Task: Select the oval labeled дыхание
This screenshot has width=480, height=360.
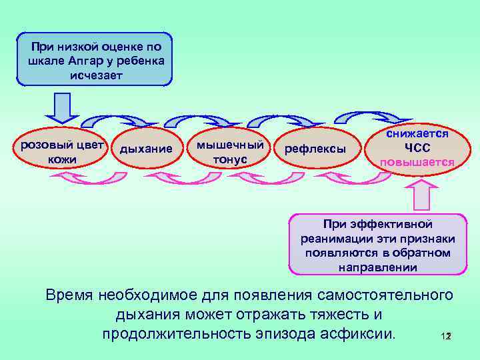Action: click(145, 149)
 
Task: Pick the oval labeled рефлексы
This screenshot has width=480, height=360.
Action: click(315, 149)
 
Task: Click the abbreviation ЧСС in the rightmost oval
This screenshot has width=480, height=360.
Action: click(417, 148)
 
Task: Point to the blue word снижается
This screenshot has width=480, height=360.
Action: click(417, 134)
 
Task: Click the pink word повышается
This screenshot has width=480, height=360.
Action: click(417, 163)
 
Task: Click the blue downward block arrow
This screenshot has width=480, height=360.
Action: click(62, 107)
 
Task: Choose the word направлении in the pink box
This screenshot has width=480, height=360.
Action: click(377, 267)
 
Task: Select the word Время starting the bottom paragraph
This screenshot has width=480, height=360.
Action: click(69, 294)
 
